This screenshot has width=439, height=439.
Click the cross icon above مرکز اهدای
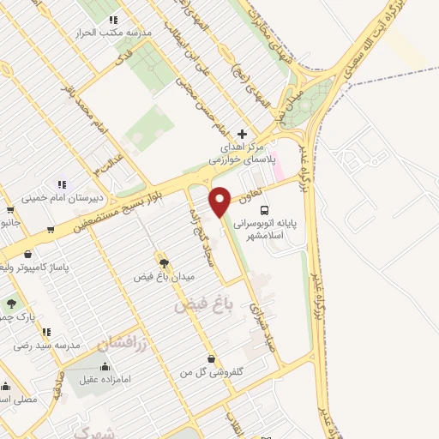click(x=243, y=134)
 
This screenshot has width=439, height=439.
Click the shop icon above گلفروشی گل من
click(x=211, y=359)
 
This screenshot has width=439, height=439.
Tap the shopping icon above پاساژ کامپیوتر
click(x=29, y=254)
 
